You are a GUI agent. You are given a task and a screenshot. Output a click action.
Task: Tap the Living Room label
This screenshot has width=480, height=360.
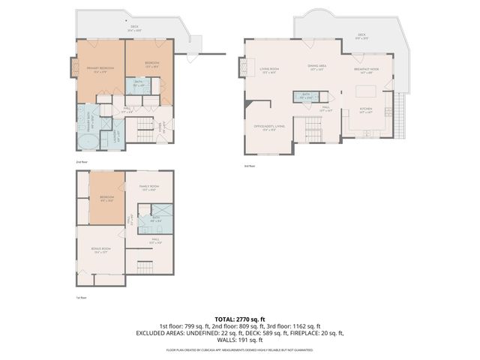[269, 70]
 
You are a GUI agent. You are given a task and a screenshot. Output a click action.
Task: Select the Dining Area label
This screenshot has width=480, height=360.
[316, 67]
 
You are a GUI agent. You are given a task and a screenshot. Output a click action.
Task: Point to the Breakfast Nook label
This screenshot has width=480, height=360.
[366, 70]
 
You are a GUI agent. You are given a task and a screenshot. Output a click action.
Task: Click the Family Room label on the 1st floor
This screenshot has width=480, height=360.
[148, 188]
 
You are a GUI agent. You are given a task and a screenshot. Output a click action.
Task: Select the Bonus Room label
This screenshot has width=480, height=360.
[100, 250]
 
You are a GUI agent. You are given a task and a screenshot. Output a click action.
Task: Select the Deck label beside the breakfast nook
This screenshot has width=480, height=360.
[361, 35]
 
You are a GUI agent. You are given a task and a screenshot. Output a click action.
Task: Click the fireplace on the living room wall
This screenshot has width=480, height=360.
[241, 69]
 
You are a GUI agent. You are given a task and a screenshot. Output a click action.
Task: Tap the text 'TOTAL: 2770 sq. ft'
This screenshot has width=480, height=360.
[239, 318]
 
